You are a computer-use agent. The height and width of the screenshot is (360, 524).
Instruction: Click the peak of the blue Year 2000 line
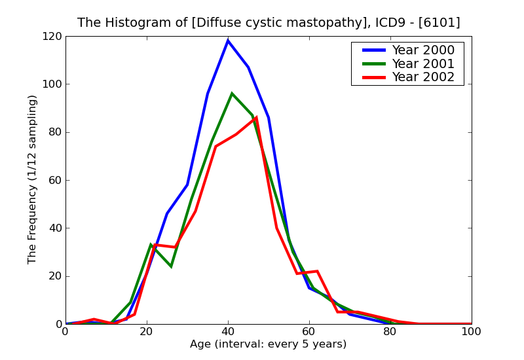coord(228,41)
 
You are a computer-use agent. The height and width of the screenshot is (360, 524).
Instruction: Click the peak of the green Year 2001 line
coord(232,94)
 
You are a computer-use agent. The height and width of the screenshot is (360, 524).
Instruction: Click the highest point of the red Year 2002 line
coord(256,118)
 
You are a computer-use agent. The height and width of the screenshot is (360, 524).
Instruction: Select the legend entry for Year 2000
coord(422,50)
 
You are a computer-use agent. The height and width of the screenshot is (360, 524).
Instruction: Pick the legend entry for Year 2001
coord(422,63)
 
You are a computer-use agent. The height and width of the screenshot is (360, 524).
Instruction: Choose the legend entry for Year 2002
coord(422,77)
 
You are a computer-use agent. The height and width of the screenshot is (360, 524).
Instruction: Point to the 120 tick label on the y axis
coord(52,37)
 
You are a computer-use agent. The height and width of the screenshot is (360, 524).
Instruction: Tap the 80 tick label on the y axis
coord(54,132)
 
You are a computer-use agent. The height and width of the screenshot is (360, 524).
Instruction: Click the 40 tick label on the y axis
coord(54,228)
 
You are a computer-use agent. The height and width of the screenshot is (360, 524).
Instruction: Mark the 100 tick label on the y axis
coord(52,84)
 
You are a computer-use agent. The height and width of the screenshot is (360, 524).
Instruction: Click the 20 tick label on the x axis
coord(147,332)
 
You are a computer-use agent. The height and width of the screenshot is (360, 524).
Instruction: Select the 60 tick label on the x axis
coord(309,332)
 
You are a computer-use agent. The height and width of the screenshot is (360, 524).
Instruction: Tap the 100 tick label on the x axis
coord(471,332)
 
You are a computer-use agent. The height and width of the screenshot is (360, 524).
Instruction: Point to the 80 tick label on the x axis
coord(390,332)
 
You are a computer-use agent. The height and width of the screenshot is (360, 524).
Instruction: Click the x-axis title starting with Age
coord(268,344)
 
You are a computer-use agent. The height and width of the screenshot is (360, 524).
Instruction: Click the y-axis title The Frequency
coord(33,179)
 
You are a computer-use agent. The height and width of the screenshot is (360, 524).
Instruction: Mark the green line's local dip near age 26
coord(171,266)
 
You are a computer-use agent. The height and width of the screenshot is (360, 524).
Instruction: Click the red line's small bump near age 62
coord(317,271)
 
